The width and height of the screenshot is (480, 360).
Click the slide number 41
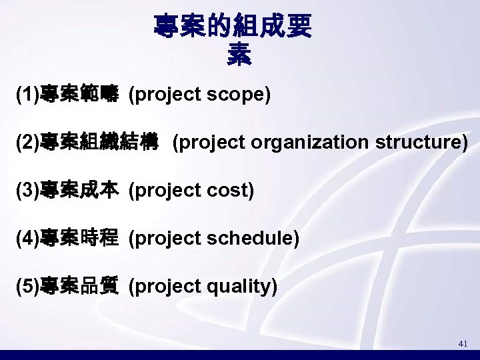coord(463,343)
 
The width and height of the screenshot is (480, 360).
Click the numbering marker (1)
coord(28,95)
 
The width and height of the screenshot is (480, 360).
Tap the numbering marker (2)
coord(28,143)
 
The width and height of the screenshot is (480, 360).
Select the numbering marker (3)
coord(28,191)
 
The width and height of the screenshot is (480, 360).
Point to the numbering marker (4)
coord(28,238)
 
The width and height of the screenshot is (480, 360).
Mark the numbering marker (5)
coord(28,287)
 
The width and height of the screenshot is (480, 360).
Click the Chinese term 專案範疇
coord(79,95)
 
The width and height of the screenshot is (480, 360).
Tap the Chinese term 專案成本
coord(79,191)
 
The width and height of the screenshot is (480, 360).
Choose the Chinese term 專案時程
coord(79,238)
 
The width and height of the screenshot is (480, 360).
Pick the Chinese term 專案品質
coord(79,287)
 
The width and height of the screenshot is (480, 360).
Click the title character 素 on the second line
coord(239,53)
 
